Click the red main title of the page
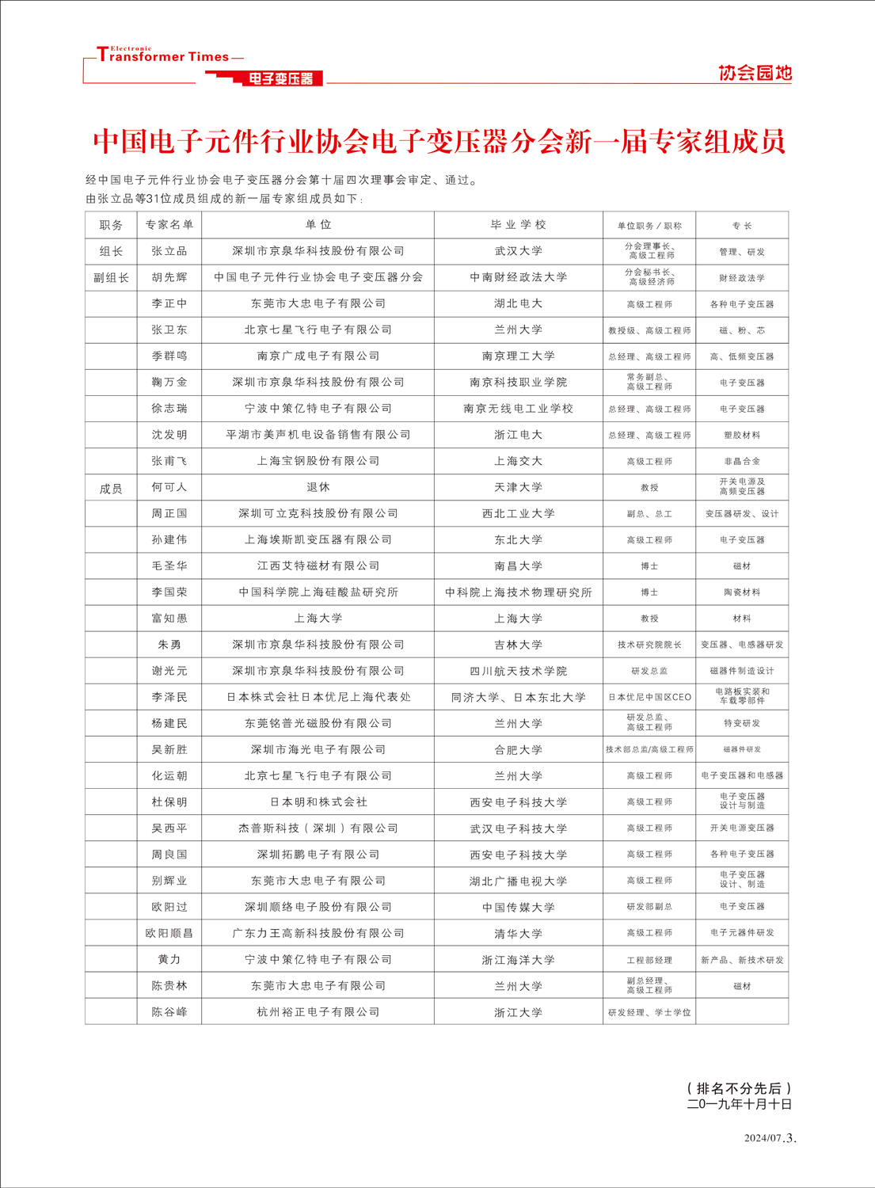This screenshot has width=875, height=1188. (439, 142)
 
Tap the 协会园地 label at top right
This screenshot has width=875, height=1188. (755, 73)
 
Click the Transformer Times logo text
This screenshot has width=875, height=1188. (163, 56)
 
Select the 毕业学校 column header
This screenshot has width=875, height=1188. (518, 225)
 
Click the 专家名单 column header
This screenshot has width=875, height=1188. (169, 225)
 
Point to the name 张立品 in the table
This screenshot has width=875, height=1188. (169, 251)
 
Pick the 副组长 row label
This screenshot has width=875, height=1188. (111, 277)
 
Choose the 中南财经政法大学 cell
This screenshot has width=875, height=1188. (518, 277)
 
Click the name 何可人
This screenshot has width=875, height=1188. (169, 487)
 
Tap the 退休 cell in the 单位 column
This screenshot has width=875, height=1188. (318, 487)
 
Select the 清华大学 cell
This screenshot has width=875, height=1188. (518, 933)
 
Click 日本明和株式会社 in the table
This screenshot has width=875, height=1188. (318, 802)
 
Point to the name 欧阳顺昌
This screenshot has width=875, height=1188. (169, 933)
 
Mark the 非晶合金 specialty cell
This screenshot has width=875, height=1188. (742, 461)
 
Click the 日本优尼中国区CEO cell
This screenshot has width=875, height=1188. (649, 697)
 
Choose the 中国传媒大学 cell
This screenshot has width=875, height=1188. (518, 907)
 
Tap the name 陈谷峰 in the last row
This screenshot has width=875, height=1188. (169, 1012)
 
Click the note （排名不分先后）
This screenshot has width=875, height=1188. (740, 1088)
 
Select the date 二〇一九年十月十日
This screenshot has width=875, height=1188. (740, 1104)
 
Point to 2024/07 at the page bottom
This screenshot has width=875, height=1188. (763, 1138)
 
